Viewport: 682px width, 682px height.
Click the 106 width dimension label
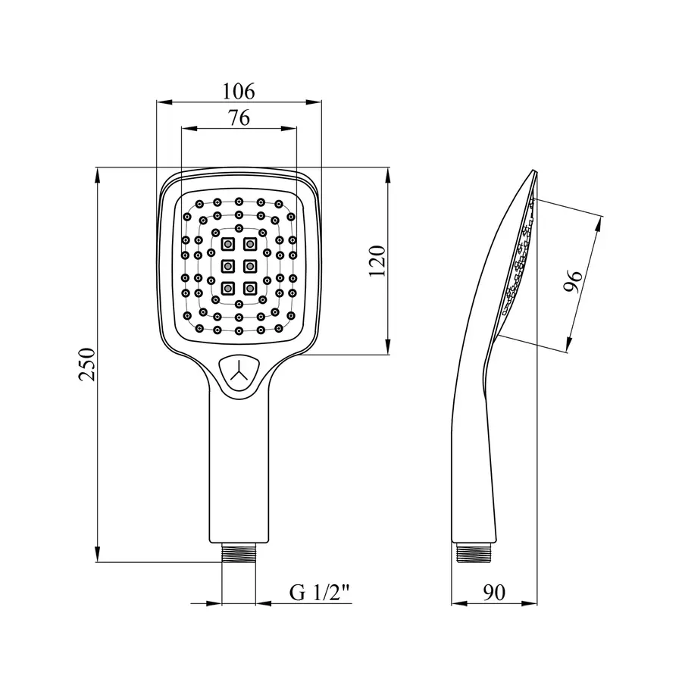pyautogui.click(x=239, y=92)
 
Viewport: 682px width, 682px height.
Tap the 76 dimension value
pyautogui.click(x=239, y=117)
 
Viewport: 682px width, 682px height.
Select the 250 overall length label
pyautogui.click(x=87, y=364)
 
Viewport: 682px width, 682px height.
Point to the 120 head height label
pyautogui.click(x=377, y=261)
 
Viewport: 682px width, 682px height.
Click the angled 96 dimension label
pyautogui.click(x=573, y=281)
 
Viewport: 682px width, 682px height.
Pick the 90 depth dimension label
pyautogui.click(x=495, y=592)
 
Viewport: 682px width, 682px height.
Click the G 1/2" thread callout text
pyautogui.click(x=320, y=593)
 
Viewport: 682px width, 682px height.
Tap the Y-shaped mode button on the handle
pyautogui.click(x=239, y=374)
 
